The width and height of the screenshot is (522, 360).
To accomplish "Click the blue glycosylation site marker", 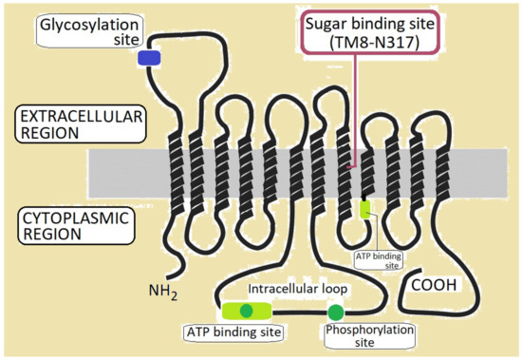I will (x=149, y=59).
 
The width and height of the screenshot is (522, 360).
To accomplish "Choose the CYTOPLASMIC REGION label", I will (x=75, y=229).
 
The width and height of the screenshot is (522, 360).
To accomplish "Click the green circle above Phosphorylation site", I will (x=335, y=313).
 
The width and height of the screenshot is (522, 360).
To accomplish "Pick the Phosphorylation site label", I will (x=358, y=336).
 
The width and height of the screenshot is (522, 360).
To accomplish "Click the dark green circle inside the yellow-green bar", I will (x=247, y=311).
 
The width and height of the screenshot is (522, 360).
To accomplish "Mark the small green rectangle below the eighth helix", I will (x=364, y=209).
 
